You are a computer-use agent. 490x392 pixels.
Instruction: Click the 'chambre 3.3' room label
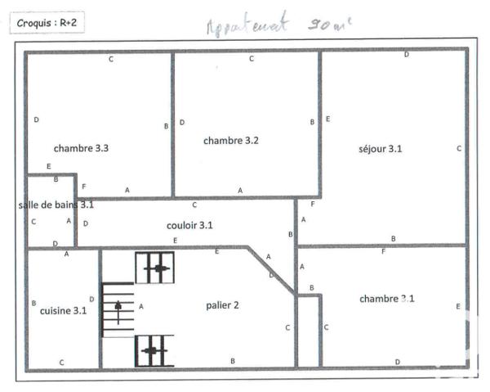(82, 148)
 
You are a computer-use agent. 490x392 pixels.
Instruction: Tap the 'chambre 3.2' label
(231, 140)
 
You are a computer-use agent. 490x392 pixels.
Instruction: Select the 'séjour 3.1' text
(381, 148)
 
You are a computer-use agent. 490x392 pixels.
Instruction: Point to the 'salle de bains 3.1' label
(56, 205)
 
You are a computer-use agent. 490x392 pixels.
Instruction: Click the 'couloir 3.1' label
(189, 225)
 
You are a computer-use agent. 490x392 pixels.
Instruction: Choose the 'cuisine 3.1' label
(63, 310)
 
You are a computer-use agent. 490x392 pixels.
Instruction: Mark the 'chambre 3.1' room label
(387, 299)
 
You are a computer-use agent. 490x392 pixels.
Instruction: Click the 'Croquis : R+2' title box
(47, 22)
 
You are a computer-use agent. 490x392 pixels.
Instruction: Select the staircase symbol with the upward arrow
(119, 309)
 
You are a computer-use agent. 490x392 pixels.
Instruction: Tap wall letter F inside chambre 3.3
(84, 187)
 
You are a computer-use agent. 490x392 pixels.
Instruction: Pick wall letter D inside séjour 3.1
(407, 55)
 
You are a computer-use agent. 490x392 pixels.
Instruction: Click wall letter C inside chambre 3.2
(252, 58)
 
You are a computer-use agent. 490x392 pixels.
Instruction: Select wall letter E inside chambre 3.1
(458, 306)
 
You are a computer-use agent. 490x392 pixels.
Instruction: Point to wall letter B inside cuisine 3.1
(33, 303)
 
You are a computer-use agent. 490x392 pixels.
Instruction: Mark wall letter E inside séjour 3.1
(327, 119)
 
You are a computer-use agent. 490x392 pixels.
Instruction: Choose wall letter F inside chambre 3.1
(384, 251)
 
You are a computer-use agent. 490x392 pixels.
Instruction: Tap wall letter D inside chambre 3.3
(36, 120)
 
